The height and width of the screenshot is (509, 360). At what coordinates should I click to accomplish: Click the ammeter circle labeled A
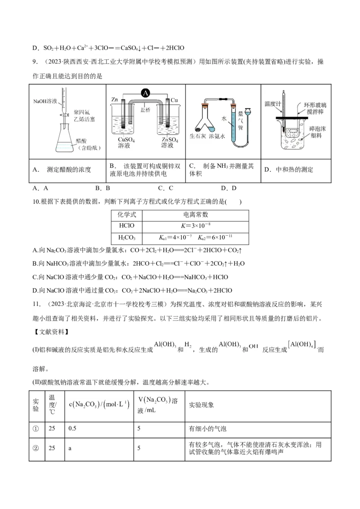(x=145, y=93)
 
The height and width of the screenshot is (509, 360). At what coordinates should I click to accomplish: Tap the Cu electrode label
(x=174, y=99)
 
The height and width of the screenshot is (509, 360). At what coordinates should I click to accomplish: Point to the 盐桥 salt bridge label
(x=145, y=109)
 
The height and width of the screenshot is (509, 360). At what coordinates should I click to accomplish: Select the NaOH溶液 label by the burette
(x=45, y=102)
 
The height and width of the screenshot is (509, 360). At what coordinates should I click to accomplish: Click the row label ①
(x=36, y=429)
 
